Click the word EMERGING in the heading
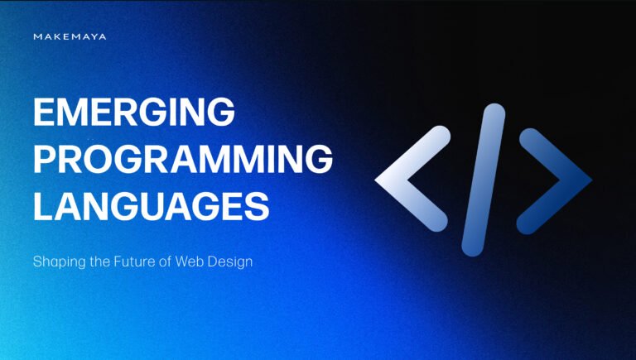pyautogui.click(x=133, y=113)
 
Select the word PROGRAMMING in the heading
pyautogui.click(x=183, y=158)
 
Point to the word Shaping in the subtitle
pyautogui.click(x=56, y=262)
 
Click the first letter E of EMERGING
pyautogui.click(x=45, y=113)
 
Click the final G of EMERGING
pyautogui.click(x=219, y=113)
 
